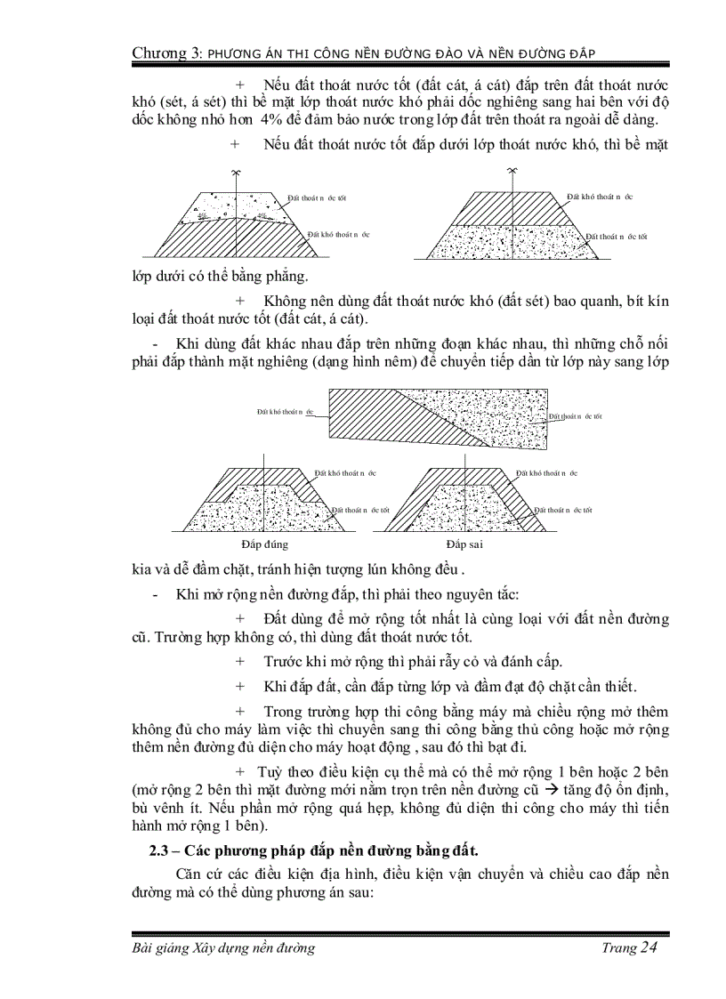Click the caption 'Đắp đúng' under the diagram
[265, 544]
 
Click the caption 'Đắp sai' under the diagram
[464, 544]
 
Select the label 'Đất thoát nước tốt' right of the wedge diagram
[575, 415]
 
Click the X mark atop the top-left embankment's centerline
[235, 171]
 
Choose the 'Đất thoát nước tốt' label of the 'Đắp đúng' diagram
[360, 511]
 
